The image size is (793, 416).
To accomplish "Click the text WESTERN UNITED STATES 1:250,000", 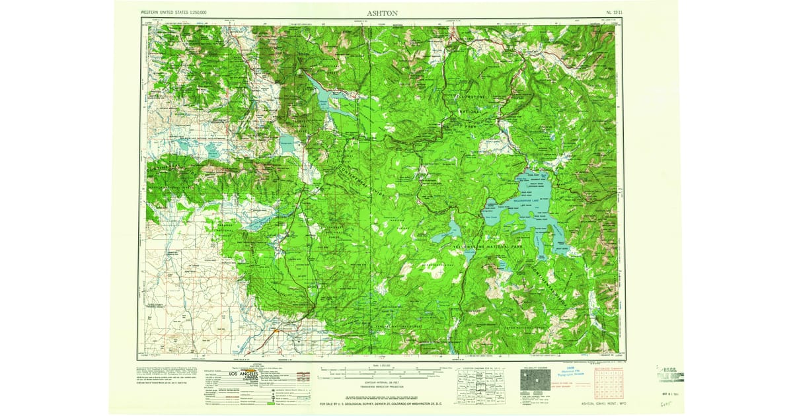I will [x=174, y=13].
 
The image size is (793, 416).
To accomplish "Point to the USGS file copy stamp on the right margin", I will [x=670, y=374].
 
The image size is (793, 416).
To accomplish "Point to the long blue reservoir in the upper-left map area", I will [x=326, y=96].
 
